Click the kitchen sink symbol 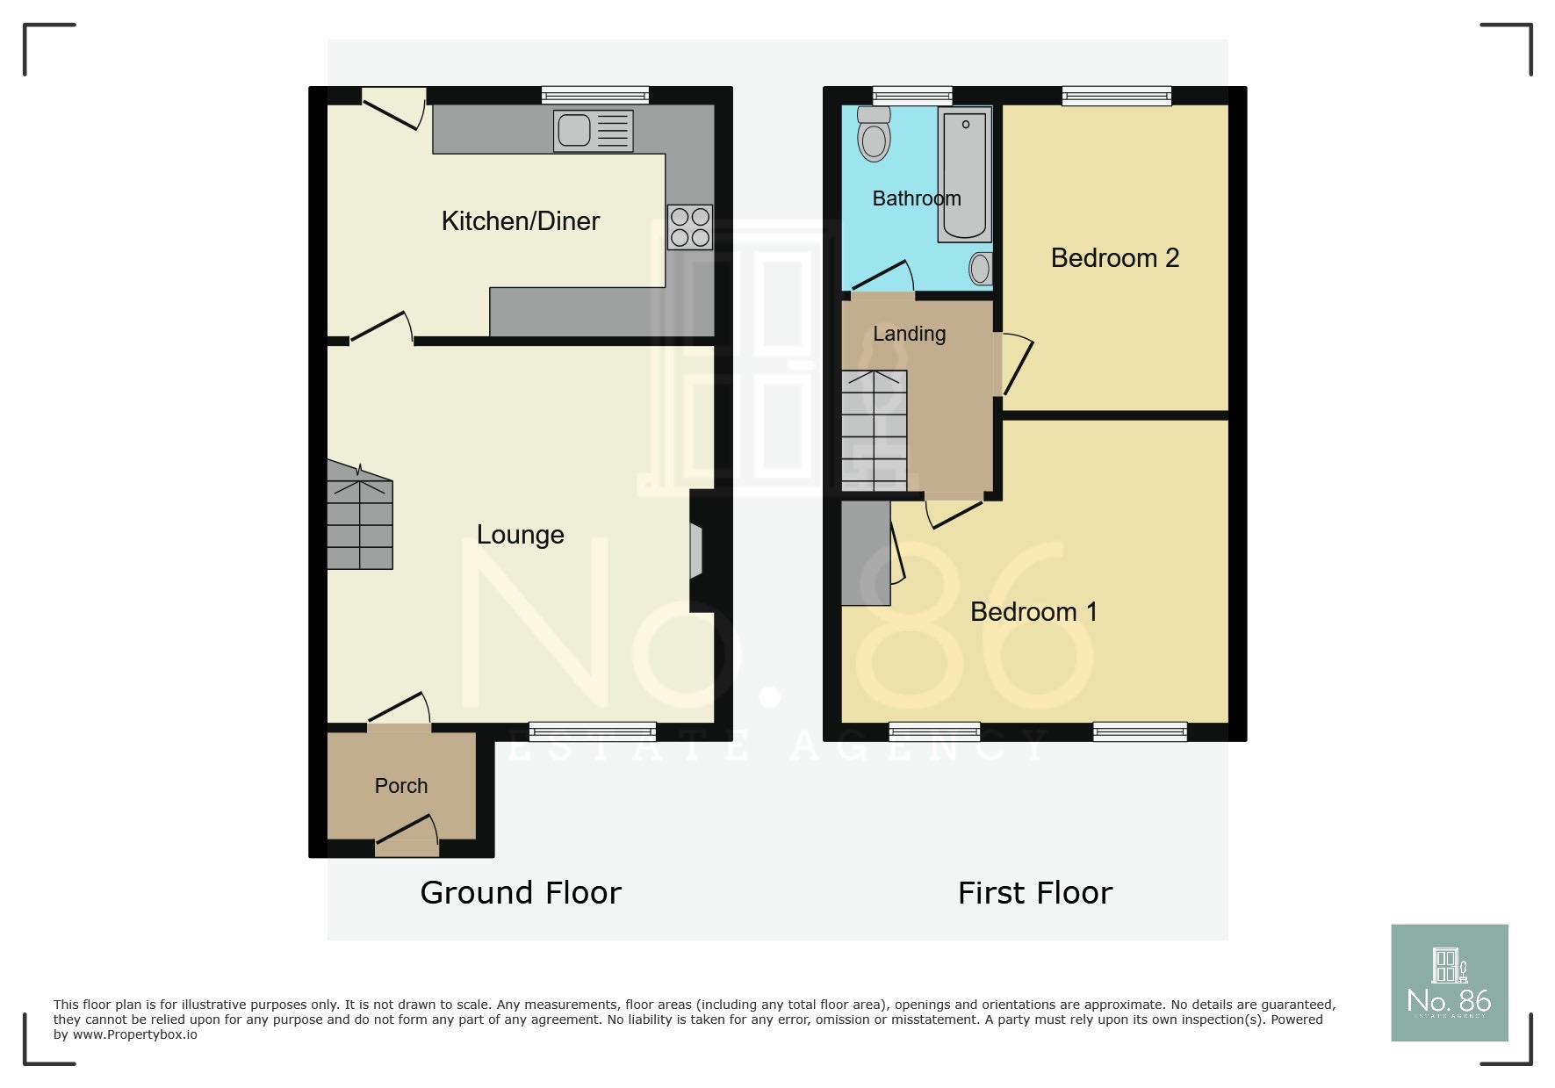(x=593, y=131)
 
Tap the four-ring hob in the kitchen (x=689, y=227)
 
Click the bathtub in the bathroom (x=964, y=175)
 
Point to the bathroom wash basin (x=981, y=269)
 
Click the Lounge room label (x=520, y=535)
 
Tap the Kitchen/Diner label (x=520, y=221)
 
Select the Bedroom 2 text (x=1114, y=258)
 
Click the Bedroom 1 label (x=1033, y=612)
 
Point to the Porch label (x=401, y=786)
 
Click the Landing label (x=909, y=334)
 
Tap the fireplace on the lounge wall (x=698, y=551)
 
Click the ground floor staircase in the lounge (x=360, y=522)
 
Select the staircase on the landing (x=874, y=430)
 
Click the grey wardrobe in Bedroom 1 (x=865, y=552)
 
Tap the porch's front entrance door (x=407, y=837)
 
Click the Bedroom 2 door (x=1017, y=364)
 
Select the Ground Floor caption (x=520, y=893)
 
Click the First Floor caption (x=1034, y=893)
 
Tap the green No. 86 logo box (x=1449, y=983)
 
